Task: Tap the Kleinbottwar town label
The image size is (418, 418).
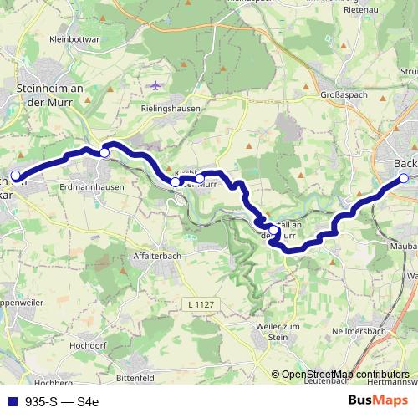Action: tap(74, 38)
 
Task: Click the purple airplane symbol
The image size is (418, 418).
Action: tap(155, 85)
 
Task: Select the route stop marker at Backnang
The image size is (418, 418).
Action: tap(404, 178)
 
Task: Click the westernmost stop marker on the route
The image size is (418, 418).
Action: tap(15, 176)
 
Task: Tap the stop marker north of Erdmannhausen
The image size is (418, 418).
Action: tap(104, 152)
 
